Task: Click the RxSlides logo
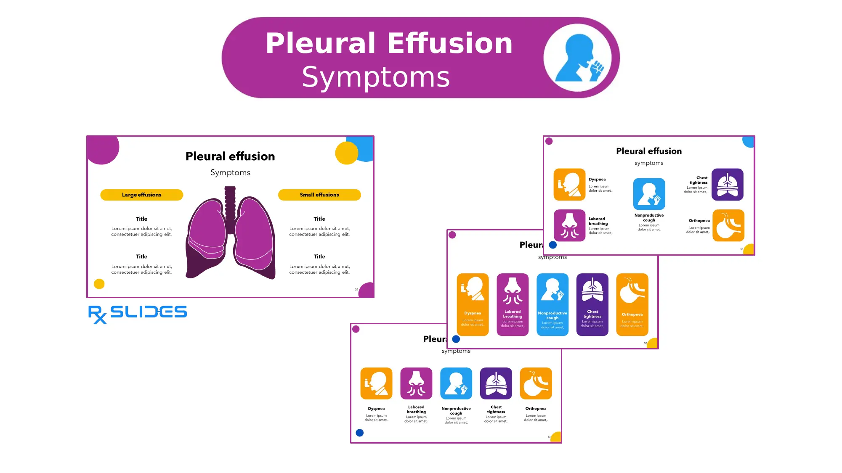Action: (137, 313)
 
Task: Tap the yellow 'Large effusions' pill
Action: (141, 195)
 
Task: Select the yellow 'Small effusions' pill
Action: (319, 195)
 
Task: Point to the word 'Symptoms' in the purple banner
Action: (376, 77)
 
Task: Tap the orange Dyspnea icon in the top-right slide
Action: (569, 185)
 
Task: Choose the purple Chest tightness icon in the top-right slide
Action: (727, 185)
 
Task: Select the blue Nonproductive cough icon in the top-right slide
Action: (649, 194)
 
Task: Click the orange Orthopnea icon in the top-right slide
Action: (728, 225)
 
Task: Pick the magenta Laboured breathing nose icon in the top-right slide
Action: (569, 225)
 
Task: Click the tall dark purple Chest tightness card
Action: (592, 304)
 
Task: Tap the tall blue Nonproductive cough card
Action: (552, 304)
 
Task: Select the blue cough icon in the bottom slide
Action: (456, 383)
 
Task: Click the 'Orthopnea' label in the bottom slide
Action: (536, 409)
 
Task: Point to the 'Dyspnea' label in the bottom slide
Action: (376, 409)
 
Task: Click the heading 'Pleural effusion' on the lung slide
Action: (230, 156)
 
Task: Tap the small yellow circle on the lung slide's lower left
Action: (99, 284)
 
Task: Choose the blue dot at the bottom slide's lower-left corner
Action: (360, 433)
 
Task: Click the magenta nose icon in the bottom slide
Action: (416, 383)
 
